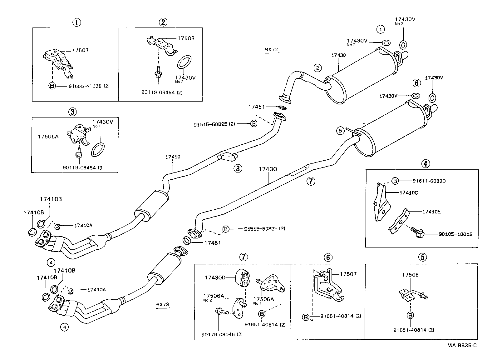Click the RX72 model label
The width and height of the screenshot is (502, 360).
tap(271, 50)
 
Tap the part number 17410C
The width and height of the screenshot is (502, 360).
tap(408, 193)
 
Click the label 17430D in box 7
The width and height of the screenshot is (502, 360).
tap(215, 277)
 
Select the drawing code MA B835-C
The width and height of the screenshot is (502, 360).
tap(462, 345)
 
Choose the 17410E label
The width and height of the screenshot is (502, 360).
tap(431, 212)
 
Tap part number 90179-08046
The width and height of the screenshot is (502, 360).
tap(218, 334)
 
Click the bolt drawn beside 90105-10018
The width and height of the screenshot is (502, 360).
tap(417, 231)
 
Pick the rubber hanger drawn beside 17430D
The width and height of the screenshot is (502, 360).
tap(243, 277)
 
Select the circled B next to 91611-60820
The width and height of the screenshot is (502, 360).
tap(395, 181)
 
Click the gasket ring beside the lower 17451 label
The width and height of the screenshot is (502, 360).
tap(187, 241)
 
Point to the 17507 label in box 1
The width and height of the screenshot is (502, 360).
tap(80, 50)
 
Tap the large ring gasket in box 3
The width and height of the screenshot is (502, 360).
tap(98, 149)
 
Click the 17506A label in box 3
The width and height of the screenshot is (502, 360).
tap(48, 136)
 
